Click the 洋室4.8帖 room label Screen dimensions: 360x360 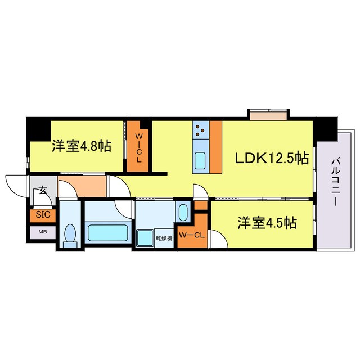point(82,147)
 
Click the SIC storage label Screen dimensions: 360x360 point(43,215)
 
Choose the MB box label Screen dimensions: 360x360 point(43,231)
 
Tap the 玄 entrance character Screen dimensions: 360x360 point(42,191)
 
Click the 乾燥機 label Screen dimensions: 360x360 point(164,238)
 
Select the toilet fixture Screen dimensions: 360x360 point(70,235)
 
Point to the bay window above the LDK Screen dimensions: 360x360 point(269,116)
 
